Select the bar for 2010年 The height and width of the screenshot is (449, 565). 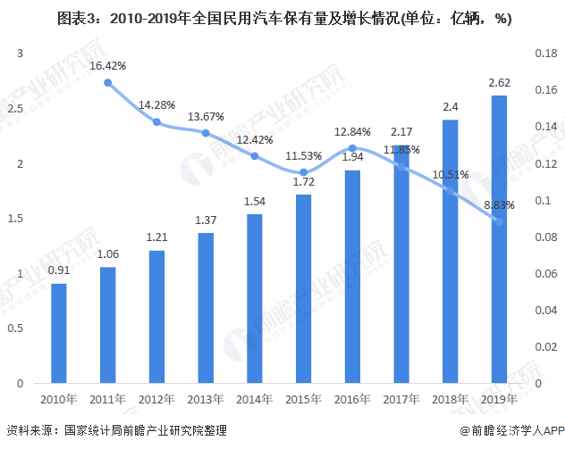tap(59, 333)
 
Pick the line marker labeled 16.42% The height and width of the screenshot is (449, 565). tap(108, 83)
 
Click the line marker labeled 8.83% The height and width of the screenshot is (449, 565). tap(499, 221)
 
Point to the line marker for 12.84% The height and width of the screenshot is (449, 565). tap(352, 148)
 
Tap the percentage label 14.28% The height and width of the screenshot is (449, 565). tap(156, 104)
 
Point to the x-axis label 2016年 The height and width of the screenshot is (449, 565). tap(352, 399)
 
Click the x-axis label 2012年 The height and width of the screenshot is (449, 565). tap(156, 399)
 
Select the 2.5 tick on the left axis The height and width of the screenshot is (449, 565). tap(13, 109)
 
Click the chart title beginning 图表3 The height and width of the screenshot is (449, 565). tap(282, 18)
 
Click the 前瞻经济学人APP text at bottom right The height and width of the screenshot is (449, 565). tap(510, 431)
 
